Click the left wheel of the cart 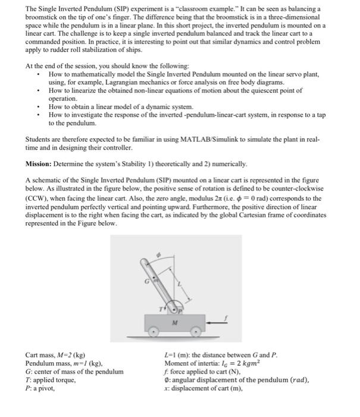tap(154, 329)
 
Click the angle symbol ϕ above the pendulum tap(158, 254)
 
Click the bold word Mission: tap(41, 163)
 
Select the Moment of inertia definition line tap(212, 363)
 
